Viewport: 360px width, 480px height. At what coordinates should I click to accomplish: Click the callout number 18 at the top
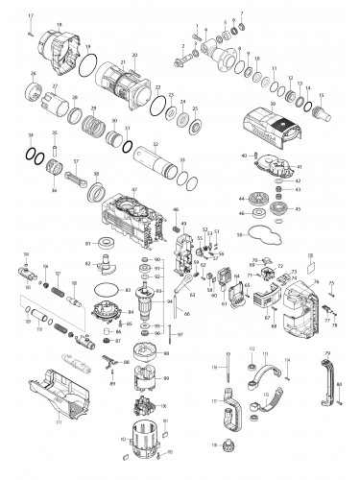pos(60,21)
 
